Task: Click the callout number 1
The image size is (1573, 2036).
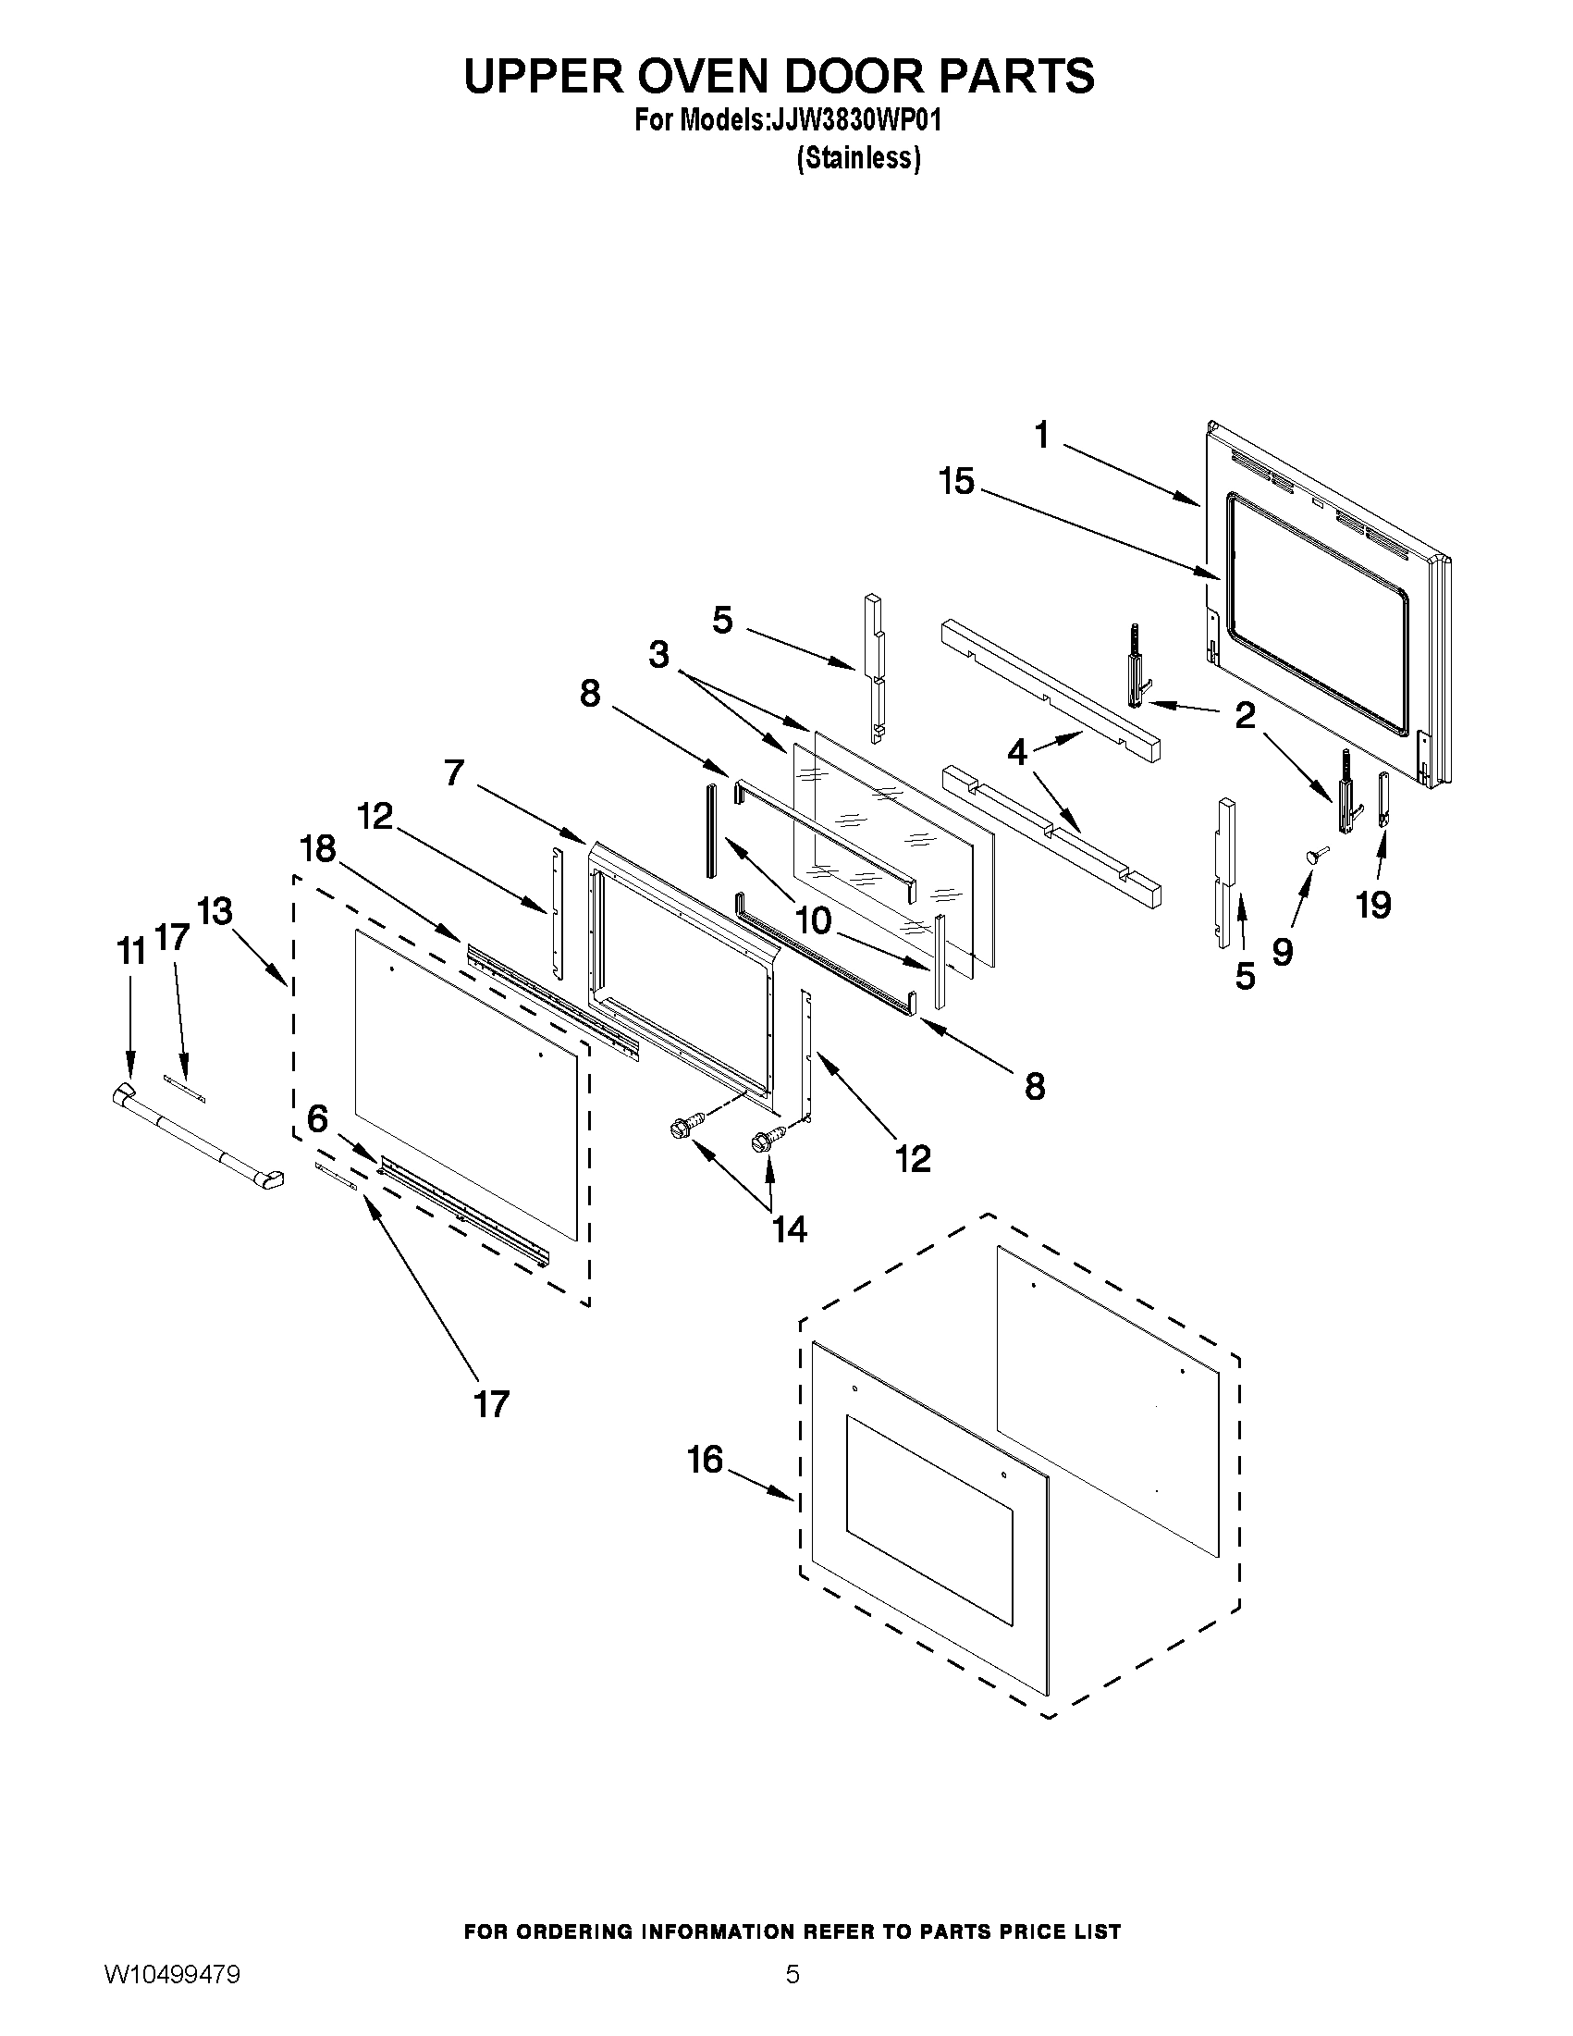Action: [1042, 436]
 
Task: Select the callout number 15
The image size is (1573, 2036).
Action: [956, 482]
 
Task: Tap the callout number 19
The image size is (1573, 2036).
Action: [1373, 905]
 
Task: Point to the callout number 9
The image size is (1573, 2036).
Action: [1283, 952]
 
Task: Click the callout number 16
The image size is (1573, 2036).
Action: [705, 1459]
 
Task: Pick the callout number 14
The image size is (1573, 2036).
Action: [789, 1229]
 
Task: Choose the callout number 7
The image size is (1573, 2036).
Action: [454, 772]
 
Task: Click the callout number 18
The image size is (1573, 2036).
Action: [318, 849]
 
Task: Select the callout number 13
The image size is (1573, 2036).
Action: [215, 911]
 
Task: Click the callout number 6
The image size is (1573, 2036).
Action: [318, 1117]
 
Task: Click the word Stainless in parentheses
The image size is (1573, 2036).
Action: [858, 158]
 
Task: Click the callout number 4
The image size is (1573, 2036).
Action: [1016, 751]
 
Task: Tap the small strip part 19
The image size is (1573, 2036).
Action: [1383, 799]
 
